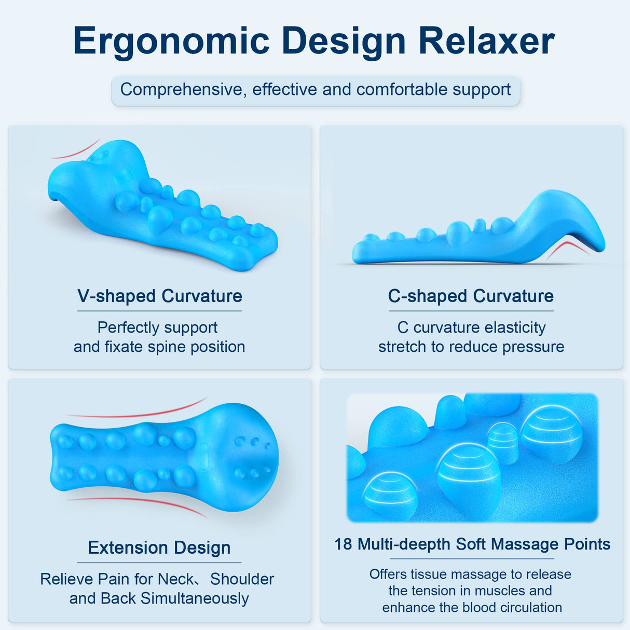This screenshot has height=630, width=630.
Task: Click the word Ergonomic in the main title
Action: coord(171,42)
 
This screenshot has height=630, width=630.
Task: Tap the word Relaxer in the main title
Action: coord(486,42)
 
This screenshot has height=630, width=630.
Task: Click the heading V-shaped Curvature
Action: coord(160,296)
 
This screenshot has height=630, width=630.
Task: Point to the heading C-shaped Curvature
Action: coord(471,296)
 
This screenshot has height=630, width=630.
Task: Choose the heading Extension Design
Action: coord(159,548)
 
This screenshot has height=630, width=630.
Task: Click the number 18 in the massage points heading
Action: coord(344,544)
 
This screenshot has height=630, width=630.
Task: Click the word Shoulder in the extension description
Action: coord(242,579)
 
